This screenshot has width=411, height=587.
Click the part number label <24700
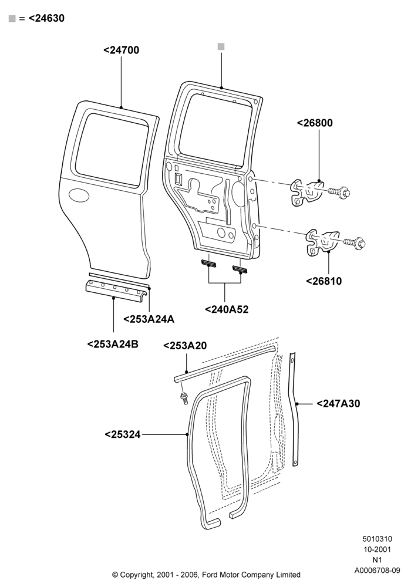pos(122,50)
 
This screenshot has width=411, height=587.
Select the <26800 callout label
pos(315,123)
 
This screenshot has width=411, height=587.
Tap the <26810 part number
pos(324,281)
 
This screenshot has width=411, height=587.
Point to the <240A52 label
pos(227,309)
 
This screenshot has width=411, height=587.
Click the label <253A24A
pos(149,319)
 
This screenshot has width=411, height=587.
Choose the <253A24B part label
pos(113,344)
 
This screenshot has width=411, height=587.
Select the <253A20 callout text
pos(185,346)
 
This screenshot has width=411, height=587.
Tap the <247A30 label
pos(338,404)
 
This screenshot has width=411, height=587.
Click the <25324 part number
pos(122,434)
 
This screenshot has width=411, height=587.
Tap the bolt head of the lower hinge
pos(361,244)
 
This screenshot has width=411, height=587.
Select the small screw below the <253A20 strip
pos(184,399)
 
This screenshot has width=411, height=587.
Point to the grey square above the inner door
pos(221,47)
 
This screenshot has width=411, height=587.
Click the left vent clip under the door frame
pos(209,264)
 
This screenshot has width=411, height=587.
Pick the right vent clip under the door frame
pos(240,269)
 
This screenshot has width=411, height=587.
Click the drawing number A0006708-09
pos(378,571)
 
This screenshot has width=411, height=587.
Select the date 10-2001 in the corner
pos(378,549)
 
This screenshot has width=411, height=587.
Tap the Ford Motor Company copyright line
pos(206,575)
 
